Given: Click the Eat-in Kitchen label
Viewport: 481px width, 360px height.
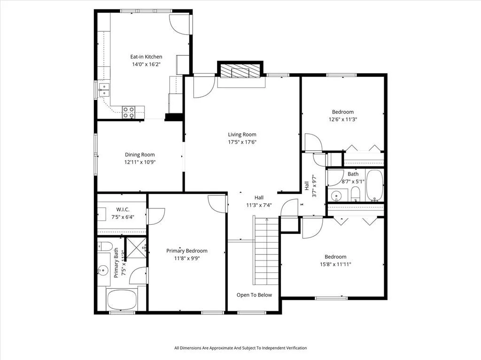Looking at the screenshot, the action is pyautogui.click(x=146, y=57).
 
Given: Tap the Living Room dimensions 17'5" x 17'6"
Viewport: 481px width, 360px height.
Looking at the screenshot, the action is pyautogui.click(x=242, y=142).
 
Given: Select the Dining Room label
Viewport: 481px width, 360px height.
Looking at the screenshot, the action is pyautogui.click(x=140, y=155).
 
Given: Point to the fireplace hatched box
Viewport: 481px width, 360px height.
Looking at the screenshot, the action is pyautogui.click(x=240, y=73).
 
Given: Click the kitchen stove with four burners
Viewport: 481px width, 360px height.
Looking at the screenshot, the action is pyautogui.click(x=129, y=112).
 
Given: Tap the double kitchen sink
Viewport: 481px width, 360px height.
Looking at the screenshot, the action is pyautogui.click(x=104, y=89).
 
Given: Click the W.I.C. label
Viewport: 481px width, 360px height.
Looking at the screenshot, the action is pyautogui.click(x=123, y=209).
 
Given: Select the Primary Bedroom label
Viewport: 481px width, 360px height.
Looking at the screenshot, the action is pyautogui.click(x=187, y=251).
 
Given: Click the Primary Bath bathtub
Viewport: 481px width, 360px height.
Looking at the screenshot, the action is pyautogui.click(x=122, y=299).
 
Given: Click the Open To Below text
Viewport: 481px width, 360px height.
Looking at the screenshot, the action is pyautogui.click(x=254, y=295).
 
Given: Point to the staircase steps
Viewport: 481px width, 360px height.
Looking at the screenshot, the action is pyautogui.click(x=267, y=251).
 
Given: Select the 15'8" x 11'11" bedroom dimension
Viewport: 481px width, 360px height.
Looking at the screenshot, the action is pyautogui.click(x=335, y=264).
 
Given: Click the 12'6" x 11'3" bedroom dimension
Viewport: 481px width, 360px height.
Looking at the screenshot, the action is pyautogui.click(x=342, y=119).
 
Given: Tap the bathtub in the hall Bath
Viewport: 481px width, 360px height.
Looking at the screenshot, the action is pyautogui.click(x=374, y=185).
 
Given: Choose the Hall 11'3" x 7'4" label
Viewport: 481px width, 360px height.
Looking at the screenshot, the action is pyautogui.click(x=259, y=201).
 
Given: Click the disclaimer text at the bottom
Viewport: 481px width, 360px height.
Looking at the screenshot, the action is pyautogui.click(x=240, y=348).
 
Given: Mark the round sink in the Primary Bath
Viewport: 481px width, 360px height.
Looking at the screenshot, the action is pyautogui.click(x=103, y=270).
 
